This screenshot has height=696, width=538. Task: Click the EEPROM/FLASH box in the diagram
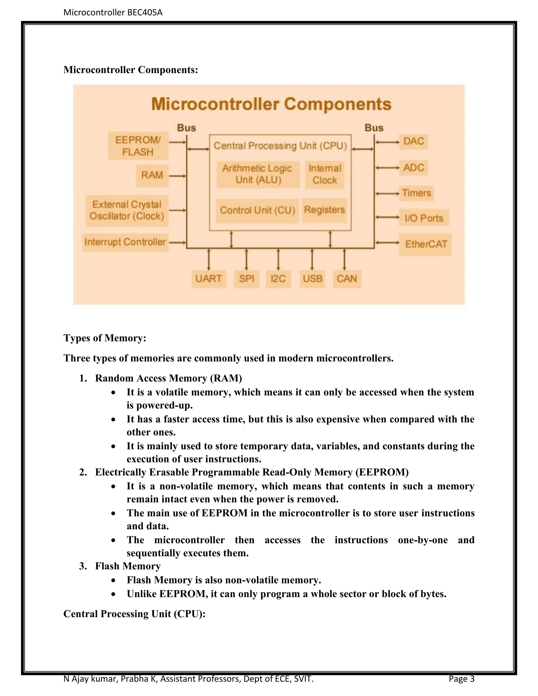pyautogui.click(x=138, y=146)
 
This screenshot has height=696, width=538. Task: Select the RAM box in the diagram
pyautogui.click(x=152, y=175)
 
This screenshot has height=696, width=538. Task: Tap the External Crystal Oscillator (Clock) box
pyautogui.click(x=127, y=210)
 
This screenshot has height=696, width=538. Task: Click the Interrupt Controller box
pyautogui.click(x=125, y=242)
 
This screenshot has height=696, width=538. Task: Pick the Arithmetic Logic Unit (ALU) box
pyautogui.click(x=258, y=174)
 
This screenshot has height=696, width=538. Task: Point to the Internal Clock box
pyautogui.click(x=325, y=174)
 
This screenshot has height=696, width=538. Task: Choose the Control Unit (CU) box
pyautogui.click(x=257, y=210)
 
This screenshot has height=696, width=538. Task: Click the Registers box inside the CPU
pyautogui.click(x=324, y=210)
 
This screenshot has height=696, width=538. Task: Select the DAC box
pyautogui.click(x=413, y=141)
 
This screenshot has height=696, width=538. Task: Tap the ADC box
pyautogui.click(x=413, y=168)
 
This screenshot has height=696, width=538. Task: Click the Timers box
pyautogui.click(x=416, y=193)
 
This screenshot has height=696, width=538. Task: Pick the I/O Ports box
pyautogui.click(x=424, y=218)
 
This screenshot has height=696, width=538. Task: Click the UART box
pyautogui.click(x=209, y=279)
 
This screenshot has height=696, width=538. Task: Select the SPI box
pyautogui.click(x=246, y=279)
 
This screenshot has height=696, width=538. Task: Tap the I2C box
pyautogui.click(x=278, y=279)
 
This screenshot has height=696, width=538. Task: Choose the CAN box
pyautogui.click(x=347, y=279)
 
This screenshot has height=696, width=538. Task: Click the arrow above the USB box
pyautogui.click(x=312, y=259)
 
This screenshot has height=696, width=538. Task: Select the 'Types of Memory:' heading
pyautogui.click(x=105, y=338)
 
